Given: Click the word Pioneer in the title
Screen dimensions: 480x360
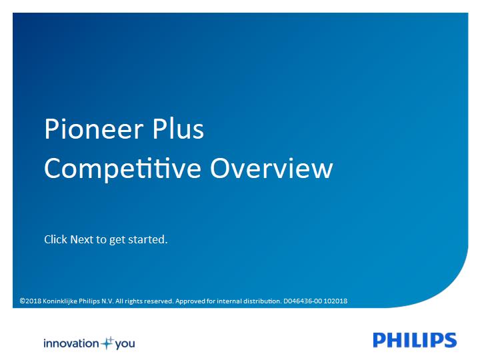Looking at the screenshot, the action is pyautogui.click(x=94, y=129).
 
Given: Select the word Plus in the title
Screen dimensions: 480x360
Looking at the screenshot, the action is pyautogui.click(x=178, y=129).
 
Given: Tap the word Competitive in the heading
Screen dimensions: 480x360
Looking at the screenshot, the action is pyautogui.click(x=123, y=169).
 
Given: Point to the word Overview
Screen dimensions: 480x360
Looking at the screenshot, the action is pyautogui.click(x=271, y=168).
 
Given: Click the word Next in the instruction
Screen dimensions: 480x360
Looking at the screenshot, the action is pyautogui.click(x=81, y=239).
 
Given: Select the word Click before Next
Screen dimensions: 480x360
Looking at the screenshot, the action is pyautogui.click(x=56, y=239).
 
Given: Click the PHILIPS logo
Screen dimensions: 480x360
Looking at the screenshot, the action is pyautogui.click(x=415, y=340).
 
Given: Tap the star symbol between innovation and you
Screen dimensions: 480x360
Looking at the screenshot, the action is pyautogui.click(x=107, y=343).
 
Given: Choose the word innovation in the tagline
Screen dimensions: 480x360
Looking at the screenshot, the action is pyautogui.click(x=71, y=343).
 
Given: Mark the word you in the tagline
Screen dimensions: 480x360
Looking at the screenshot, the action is pyautogui.click(x=125, y=344).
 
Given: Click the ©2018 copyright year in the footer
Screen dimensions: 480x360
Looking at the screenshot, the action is pyautogui.click(x=31, y=301).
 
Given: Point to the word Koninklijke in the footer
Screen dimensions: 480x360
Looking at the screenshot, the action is pyautogui.click(x=60, y=301).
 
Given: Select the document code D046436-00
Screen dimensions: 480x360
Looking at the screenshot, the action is pyautogui.click(x=303, y=301).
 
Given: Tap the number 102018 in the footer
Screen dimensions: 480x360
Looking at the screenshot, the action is pyautogui.click(x=335, y=301).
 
